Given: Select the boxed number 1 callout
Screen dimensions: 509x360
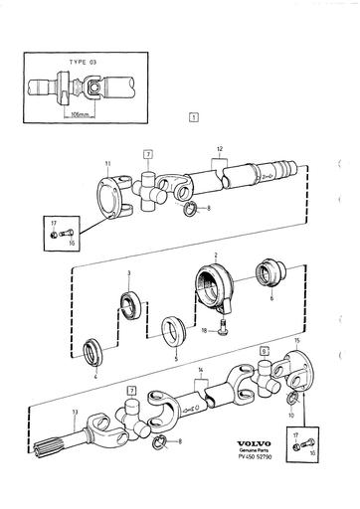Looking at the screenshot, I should pos(191,117).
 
